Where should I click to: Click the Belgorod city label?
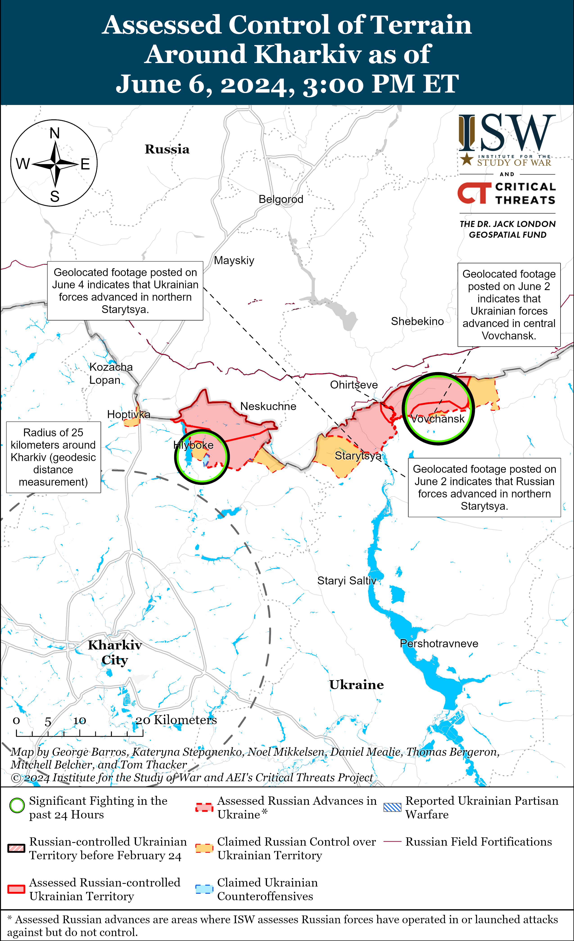click(x=281, y=199)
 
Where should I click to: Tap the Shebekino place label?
click(x=417, y=321)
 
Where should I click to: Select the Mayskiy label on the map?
click(x=234, y=260)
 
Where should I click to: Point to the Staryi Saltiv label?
click(x=346, y=581)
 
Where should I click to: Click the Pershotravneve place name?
click(x=439, y=643)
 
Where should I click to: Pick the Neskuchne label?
click(x=268, y=406)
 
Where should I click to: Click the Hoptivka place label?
click(x=129, y=414)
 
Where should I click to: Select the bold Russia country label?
click(x=167, y=149)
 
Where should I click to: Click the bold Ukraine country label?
click(x=357, y=685)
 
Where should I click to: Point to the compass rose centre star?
click(x=55, y=164)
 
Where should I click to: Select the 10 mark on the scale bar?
click(x=79, y=721)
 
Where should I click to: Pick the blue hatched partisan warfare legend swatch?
click(x=392, y=807)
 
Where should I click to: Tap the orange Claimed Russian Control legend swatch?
click(x=204, y=848)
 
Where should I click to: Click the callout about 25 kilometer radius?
click(x=53, y=457)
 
